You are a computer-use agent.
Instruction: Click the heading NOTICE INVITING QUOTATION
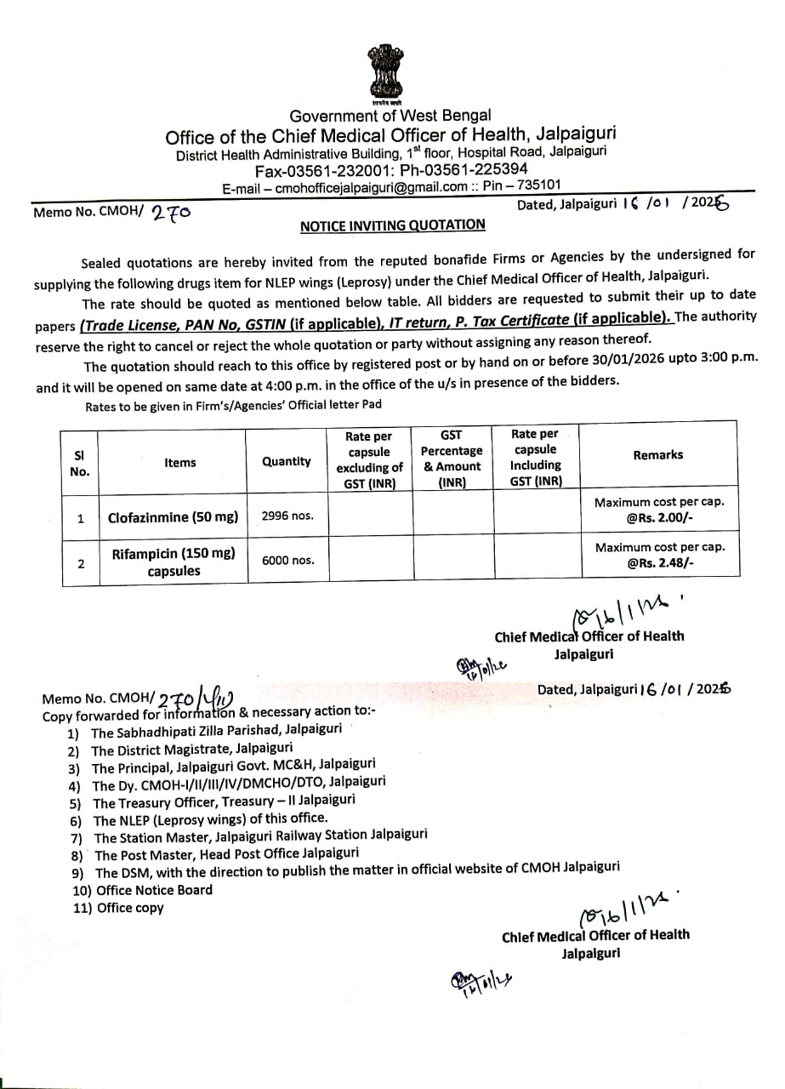[392, 225]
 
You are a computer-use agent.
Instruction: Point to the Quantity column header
[287, 461]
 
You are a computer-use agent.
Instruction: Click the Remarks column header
[657, 455]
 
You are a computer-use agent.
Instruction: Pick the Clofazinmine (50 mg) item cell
[173, 517]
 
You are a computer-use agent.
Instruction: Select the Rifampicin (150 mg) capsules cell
[173, 562]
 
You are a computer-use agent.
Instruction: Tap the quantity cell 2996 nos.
[287, 516]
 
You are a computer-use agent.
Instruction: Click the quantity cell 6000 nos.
[287, 561]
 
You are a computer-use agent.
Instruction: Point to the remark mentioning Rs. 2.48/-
[659, 555]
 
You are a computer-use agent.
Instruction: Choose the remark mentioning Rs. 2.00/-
[659, 510]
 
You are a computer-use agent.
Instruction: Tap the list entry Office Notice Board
[154, 890]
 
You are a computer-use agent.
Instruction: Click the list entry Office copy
[130, 908]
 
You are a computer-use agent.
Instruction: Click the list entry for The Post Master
[226, 854]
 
